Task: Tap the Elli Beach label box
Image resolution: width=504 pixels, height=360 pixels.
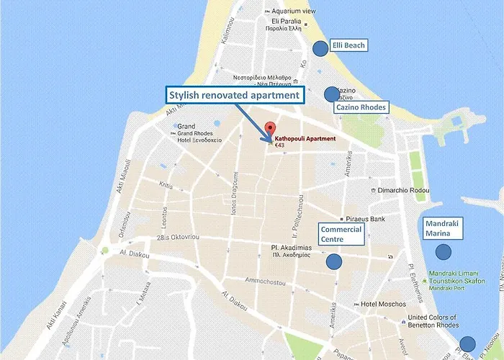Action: (348, 45)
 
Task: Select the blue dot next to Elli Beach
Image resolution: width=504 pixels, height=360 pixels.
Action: (320, 48)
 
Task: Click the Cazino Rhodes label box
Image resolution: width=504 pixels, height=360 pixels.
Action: (361, 107)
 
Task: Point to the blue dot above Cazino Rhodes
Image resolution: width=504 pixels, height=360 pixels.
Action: (331, 94)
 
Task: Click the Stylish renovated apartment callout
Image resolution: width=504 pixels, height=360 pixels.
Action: (234, 94)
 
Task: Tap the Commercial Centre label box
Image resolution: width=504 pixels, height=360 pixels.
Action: (341, 234)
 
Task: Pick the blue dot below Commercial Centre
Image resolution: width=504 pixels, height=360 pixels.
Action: (333, 261)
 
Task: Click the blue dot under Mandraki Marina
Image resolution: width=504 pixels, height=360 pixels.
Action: (444, 253)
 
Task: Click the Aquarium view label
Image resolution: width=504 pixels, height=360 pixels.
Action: (294, 12)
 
